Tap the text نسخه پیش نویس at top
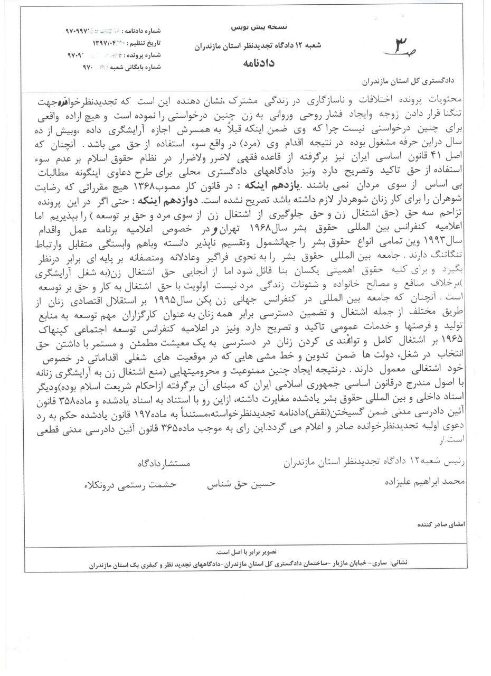click(x=249, y=26)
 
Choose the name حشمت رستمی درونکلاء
click(x=130, y=484)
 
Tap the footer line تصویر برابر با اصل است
click(x=245, y=552)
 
